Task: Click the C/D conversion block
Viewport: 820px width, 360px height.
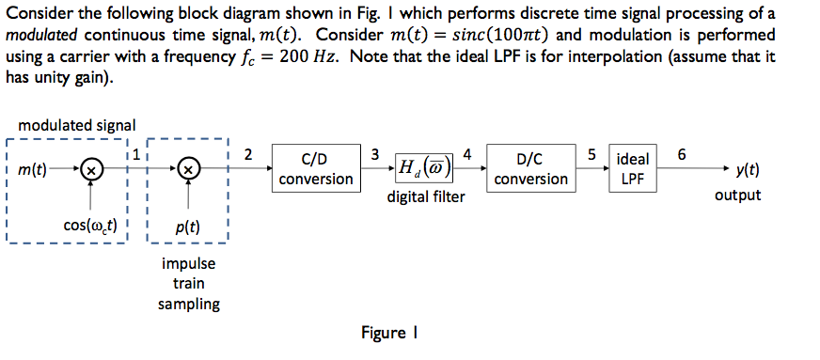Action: [x=316, y=168]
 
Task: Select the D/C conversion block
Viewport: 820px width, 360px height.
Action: [x=531, y=168]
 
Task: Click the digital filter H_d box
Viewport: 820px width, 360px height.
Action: [x=425, y=168]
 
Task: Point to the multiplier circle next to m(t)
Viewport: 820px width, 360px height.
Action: [x=90, y=169]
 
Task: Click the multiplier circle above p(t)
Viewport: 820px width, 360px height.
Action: [x=190, y=169]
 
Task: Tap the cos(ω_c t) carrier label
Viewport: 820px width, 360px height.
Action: [x=90, y=226]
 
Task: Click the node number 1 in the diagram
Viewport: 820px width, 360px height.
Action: [x=137, y=153]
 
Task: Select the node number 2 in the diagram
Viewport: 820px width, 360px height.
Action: [x=248, y=153]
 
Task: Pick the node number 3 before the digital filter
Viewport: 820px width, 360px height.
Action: [x=375, y=153]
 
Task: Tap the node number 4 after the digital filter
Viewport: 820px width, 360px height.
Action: [x=467, y=153]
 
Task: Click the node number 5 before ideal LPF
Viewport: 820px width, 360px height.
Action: [x=593, y=153]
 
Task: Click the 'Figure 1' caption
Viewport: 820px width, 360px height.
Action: [x=388, y=334]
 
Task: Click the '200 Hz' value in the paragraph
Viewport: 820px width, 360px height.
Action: [x=306, y=58]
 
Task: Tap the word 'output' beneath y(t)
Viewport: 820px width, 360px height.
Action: [x=738, y=196]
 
